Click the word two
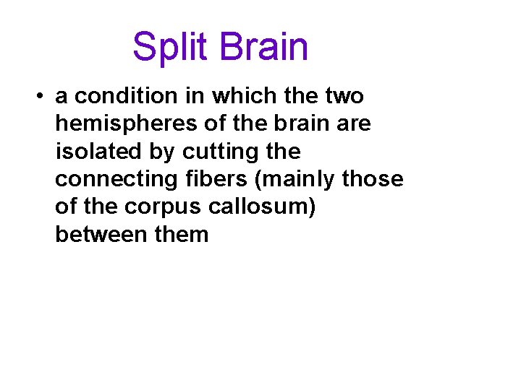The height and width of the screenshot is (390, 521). click(x=344, y=96)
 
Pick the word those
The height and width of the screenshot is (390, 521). click(x=373, y=179)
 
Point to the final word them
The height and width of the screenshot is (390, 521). click(x=181, y=235)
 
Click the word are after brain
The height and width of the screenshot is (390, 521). click(x=353, y=124)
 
